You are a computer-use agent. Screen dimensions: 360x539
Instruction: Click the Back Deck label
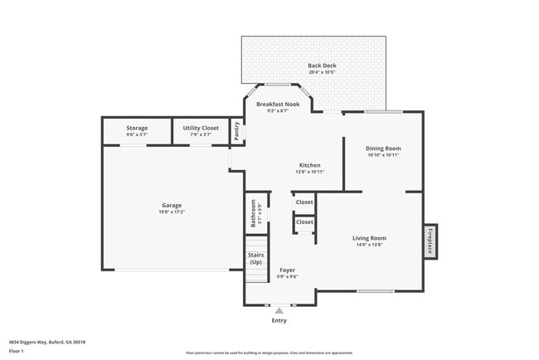(322, 66)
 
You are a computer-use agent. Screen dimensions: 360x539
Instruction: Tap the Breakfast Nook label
(278, 105)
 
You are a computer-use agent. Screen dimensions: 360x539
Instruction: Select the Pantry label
(236, 131)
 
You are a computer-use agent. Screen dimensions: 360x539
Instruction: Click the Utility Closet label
(201, 129)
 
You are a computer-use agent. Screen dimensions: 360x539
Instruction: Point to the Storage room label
(137, 129)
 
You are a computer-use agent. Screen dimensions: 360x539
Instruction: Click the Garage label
(172, 205)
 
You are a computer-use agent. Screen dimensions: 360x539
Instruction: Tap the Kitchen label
(309, 165)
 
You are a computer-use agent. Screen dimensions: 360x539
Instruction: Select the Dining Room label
(383, 148)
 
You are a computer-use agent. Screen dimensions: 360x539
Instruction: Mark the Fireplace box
(430, 241)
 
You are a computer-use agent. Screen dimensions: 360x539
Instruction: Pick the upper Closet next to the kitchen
(304, 202)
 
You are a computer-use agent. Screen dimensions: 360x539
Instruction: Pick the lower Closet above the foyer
(304, 222)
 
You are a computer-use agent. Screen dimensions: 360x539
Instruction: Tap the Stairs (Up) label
(255, 259)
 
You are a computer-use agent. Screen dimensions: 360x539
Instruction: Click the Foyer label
(287, 270)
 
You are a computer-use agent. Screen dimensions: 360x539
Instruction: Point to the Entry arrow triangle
(279, 311)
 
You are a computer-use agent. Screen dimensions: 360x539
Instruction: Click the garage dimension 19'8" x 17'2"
(172, 212)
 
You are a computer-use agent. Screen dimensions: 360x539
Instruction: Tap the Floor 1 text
(17, 351)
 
